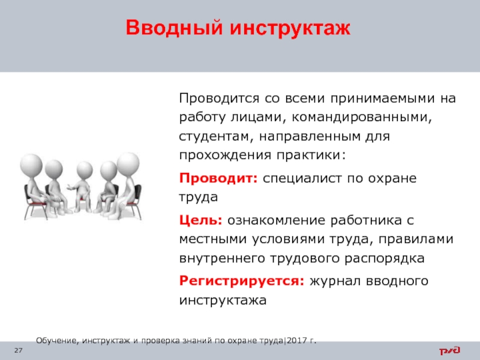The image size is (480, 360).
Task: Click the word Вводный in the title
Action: (x=174, y=28)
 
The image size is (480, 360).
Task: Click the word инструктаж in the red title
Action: (x=290, y=28)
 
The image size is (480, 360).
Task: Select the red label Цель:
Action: (x=201, y=220)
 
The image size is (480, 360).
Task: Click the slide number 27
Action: (x=19, y=350)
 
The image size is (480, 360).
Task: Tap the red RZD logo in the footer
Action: (x=449, y=350)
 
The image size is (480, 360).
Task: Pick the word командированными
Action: (x=362, y=117)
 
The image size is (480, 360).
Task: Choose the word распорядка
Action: (x=385, y=259)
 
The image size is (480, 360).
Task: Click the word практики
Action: (x=311, y=155)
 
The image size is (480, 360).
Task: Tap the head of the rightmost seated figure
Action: (x=128, y=164)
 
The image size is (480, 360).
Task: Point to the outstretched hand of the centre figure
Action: (x=70, y=187)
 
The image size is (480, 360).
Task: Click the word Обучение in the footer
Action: (x=58, y=340)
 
